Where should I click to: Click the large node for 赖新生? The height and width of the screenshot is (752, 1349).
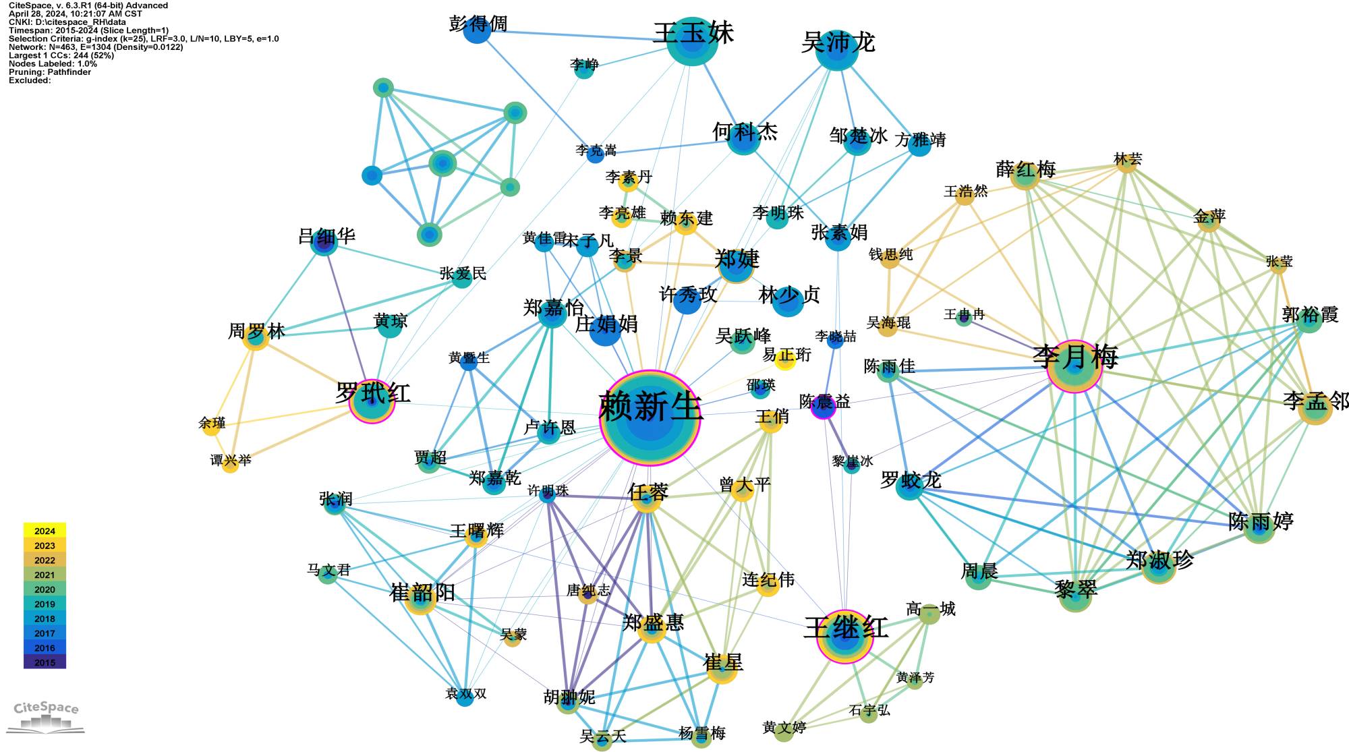[x=649, y=418]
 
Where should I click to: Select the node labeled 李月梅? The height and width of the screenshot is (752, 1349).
[x=1074, y=366]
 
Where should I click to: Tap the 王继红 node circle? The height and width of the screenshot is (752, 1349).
[x=844, y=635]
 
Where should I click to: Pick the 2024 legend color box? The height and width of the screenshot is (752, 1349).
[x=45, y=531]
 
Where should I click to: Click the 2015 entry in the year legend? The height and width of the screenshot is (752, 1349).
[x=45, y=662]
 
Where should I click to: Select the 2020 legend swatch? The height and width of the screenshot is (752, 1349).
[x=45, y=589]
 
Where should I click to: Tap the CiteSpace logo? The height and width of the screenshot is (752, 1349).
[x=46, y=716]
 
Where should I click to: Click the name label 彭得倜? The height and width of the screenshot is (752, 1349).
[x=478, y=24]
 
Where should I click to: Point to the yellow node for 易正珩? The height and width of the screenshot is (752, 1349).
[x=785, y=359]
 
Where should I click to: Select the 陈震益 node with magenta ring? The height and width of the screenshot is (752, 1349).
[x=823, y=407]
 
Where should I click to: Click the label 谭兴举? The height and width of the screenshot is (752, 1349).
[x=231, y=460]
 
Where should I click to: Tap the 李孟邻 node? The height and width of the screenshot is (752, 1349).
[x=1315, y=407]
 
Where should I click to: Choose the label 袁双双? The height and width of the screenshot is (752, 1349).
[x=465, y=694]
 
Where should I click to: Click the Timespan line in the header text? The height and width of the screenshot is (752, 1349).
[x=88, y=30]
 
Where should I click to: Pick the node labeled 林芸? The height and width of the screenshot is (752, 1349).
[x=1126, y=163]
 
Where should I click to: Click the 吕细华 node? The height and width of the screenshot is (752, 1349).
[x=324, y=243]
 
